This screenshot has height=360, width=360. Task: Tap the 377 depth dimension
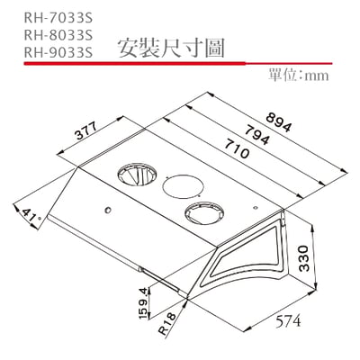[86, 132]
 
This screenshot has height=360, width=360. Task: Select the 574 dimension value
[285, 320]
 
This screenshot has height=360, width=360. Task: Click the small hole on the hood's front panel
[107, 212]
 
